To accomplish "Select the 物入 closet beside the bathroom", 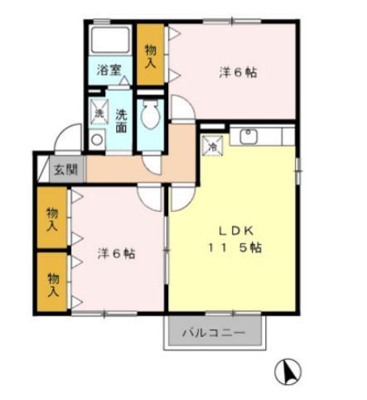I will click(x=151, y=55).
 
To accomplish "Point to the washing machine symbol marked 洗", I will click(x=98, y=112).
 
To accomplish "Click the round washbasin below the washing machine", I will click(x=98, y=139).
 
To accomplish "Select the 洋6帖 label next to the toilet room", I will click(x=238, y=72).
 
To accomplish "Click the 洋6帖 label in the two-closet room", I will click(x=116, y=253).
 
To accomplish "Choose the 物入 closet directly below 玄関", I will click(x=52, y=219).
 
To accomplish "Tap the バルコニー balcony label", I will click(x=214, y=335).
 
